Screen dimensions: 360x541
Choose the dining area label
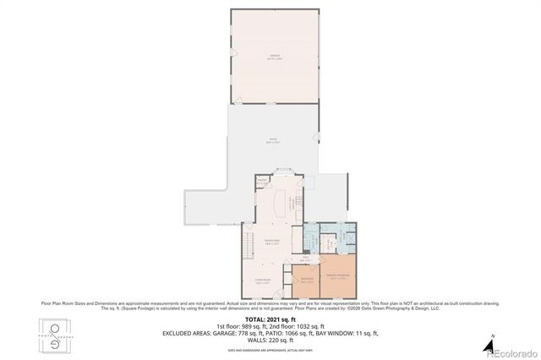[271, 242]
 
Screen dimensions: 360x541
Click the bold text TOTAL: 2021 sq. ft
[270, 319]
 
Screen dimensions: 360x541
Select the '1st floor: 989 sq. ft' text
[240, 326]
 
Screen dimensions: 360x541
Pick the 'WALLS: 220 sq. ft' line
[270, 340]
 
